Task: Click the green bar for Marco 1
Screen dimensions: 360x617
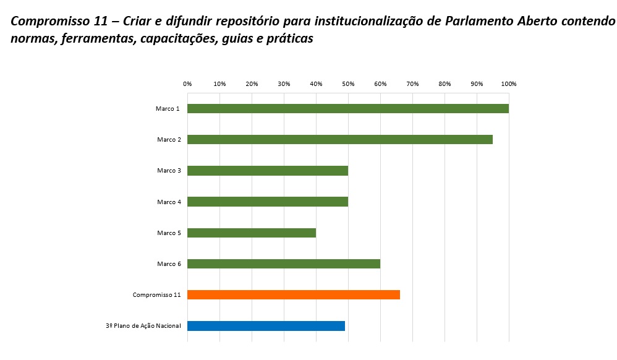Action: point(347,109)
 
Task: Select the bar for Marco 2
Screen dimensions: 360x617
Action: point(339,140)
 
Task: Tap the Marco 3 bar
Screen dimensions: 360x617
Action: point(267,171)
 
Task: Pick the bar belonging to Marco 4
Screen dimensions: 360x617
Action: point(267,202)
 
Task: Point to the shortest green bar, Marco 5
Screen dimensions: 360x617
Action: point(251,233)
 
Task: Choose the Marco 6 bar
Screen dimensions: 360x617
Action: point(283,264)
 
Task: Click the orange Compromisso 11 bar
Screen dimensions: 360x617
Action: point(293,294)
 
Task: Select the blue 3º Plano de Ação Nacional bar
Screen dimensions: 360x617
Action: point(266,325)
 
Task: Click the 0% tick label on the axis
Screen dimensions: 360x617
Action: point(187,84)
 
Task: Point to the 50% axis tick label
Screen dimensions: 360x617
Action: point(348,84)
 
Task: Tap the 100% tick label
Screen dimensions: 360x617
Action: point(509,84)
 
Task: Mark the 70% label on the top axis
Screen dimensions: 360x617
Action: point(412,84)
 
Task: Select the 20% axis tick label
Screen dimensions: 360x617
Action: point(252,84)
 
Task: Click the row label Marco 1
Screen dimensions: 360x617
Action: point(168,109)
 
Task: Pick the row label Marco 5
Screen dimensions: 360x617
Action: point(169,233)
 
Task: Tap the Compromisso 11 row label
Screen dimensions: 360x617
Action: point(156,294)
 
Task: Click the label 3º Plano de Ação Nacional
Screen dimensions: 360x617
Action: point(143,325)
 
